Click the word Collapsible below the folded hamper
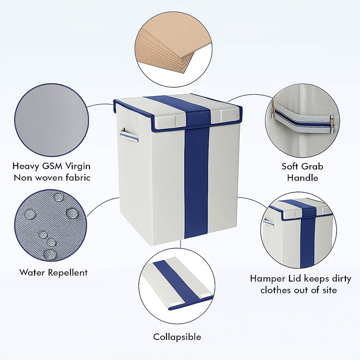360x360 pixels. pos(177,337)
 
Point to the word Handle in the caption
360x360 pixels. pos(302,178)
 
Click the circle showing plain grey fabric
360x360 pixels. pos(51,120)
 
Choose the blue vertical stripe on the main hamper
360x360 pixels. pos(197,180)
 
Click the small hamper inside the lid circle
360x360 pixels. pos(299,234)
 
